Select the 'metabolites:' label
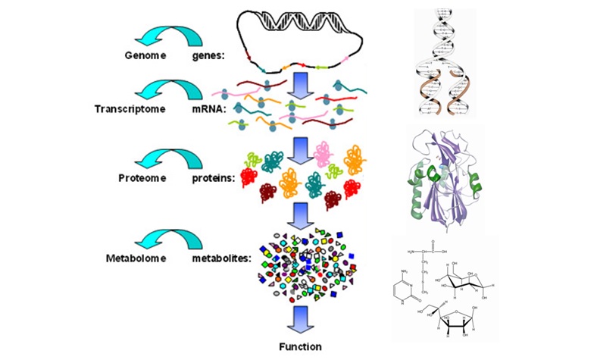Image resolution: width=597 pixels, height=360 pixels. coord(221,258)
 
